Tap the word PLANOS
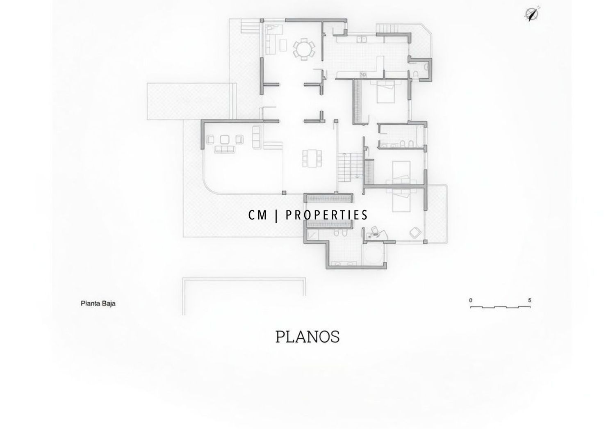click(307, 337)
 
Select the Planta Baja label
click(98, 303)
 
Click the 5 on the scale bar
click(530, 300)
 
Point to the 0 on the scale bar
click(471, 300)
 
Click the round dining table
click(304, 49)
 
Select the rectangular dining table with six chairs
click(312, 158)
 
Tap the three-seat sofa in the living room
click(225, 149)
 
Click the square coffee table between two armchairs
click(225, 139)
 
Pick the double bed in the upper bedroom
click(386, 92)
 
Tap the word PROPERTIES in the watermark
click(326, 215)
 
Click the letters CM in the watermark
click(257, 215)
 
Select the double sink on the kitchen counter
click(361, 39)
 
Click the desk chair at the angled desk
click(374, 230)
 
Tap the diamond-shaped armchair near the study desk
click(415, 233)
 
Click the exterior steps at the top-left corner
click(250, 26)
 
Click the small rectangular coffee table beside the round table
click(283, 45)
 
